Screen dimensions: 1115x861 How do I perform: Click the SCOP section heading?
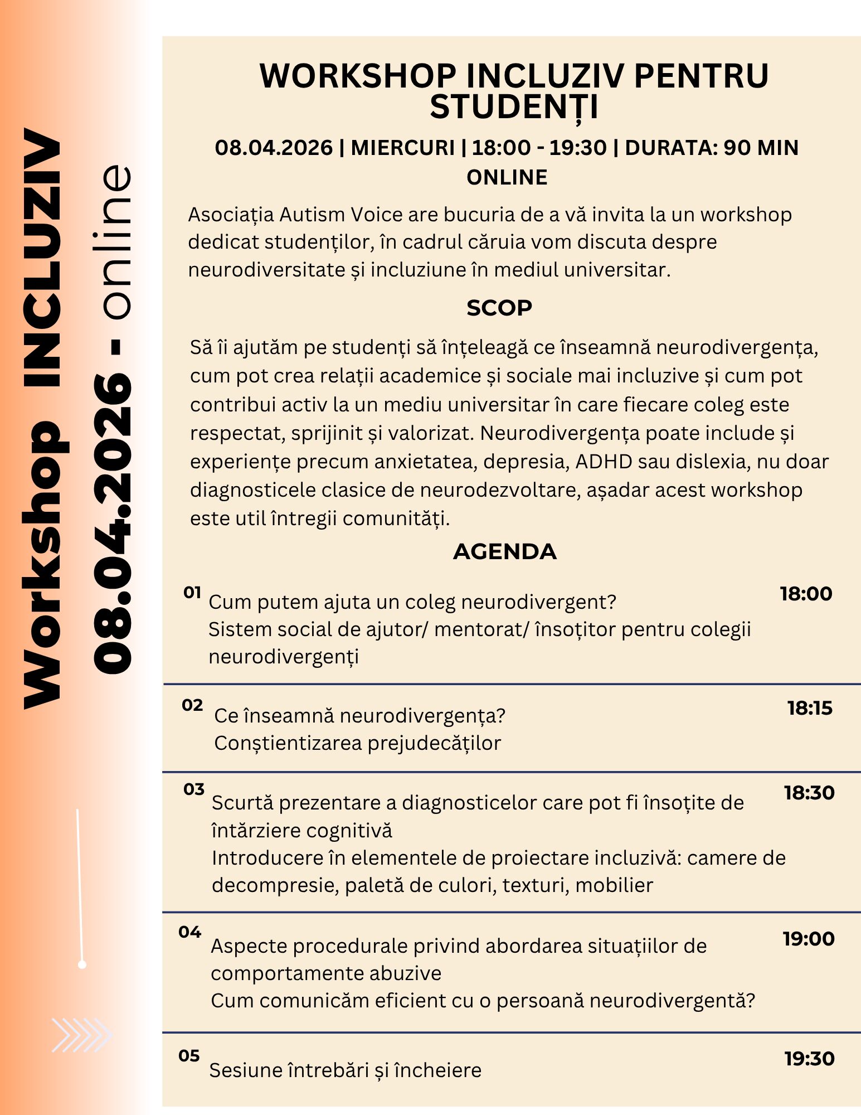point(499,308)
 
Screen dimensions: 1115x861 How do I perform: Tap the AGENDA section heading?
point(505,551)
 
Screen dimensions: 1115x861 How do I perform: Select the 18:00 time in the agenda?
point(806,594)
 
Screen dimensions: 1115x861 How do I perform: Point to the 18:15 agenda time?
point(810,708)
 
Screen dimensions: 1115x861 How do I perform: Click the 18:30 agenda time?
point(809,792)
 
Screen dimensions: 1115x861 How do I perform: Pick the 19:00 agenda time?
point(809,938)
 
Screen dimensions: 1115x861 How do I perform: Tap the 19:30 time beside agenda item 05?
point(810,1058)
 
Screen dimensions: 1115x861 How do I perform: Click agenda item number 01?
point(192,592)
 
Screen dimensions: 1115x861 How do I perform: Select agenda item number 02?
point(192,705)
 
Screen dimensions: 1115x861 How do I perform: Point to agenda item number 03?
point(194,789)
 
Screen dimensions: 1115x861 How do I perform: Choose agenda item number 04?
point(190,932)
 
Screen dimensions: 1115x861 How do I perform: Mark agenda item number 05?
point(189,1055)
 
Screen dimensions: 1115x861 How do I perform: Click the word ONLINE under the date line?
point(507,177)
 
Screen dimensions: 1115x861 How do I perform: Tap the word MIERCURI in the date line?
point(403,148)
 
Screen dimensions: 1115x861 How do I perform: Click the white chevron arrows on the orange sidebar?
point(81,1035)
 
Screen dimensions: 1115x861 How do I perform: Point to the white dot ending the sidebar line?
point(82,964)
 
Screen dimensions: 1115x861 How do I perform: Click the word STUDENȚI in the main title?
point(514,107)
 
